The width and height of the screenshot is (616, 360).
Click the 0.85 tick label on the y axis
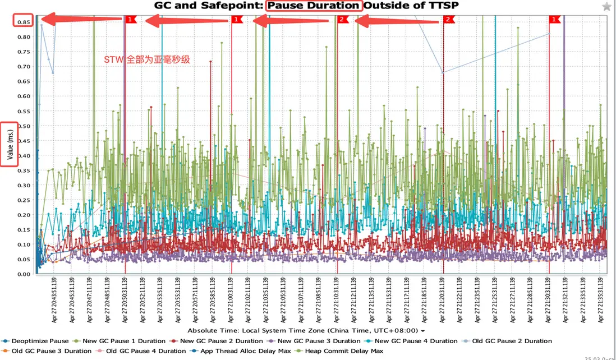pyautogui.click(x=23, y=22)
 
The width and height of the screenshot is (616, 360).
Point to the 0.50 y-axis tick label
pyautogui.click(x=23, y=126)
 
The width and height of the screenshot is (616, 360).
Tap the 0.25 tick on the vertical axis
pyautogui.click(x=23, y=200)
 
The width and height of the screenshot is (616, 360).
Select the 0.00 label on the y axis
pyautogui.click(x=23, y=274)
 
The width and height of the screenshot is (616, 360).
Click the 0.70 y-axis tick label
pyautogui.click(x=23, y=66)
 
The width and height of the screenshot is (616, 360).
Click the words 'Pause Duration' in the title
pyautogui.click(x=313, y=6)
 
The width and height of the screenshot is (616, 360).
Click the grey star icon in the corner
pyautogui.click(x=607, y=7)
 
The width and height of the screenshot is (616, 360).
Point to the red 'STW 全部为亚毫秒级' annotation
pyautogui.click(x=147, y=59)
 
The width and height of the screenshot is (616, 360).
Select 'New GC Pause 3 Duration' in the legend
pyautogui.click(x=319, y=341)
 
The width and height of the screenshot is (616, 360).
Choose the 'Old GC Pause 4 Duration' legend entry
pyautogui.click(x=145, y=351)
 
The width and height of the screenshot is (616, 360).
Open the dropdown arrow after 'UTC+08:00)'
pyautogui.click(x=422, y=331)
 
